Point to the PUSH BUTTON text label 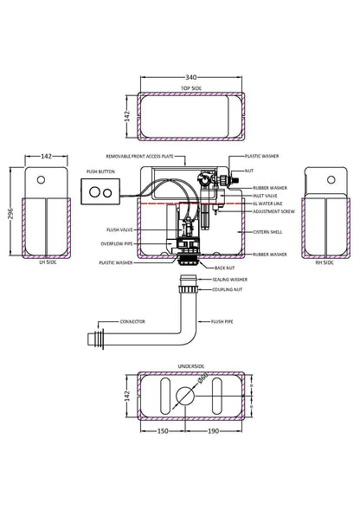pyautogui.click(x=100, y=171)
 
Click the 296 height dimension pyautogui.click(x=10, y=212)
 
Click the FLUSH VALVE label pyautogui.click(x=119, y=231)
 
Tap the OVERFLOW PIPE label pyautogui.click(x=117, y=243)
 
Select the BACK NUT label pyautogui.click(x=225, y=268)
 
